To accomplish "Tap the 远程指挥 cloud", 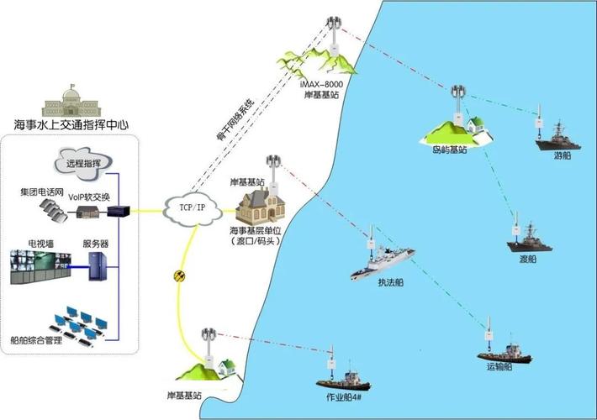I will (83, 162).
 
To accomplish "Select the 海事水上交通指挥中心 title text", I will (71, 124).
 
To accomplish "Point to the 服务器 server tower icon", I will (98, 268).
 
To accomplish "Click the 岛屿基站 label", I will (443, 150).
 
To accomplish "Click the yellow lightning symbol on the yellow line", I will (177, 274).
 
